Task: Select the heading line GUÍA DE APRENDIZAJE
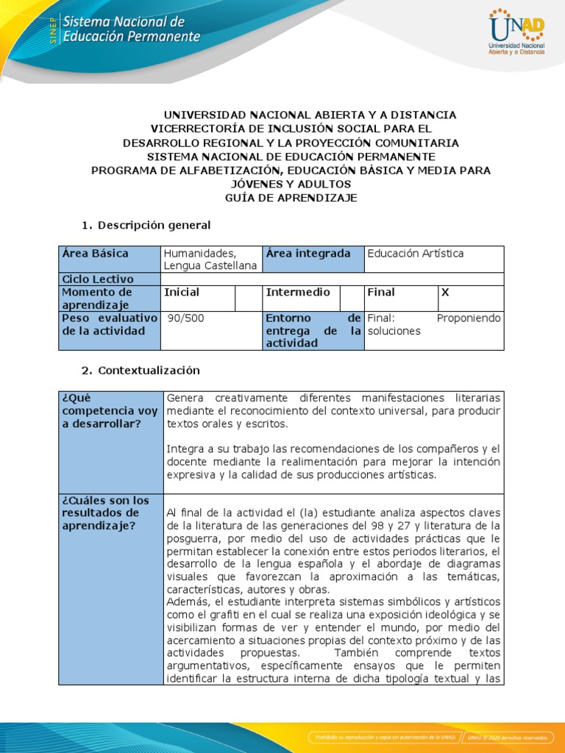click(291, 198)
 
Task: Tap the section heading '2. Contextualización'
click(140, 371)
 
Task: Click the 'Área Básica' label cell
click(95, 254)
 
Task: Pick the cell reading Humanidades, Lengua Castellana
click(210, 260)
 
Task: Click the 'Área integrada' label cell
click(308, 254)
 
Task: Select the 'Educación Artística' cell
click(416, 254)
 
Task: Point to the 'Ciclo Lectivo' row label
click(98, 279)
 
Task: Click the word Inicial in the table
click(182, 293)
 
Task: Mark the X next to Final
click(444, 293)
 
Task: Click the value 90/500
click(183, 318)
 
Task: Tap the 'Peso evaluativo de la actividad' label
click(109, 324)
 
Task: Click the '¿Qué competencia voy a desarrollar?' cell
click(110, 411)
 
